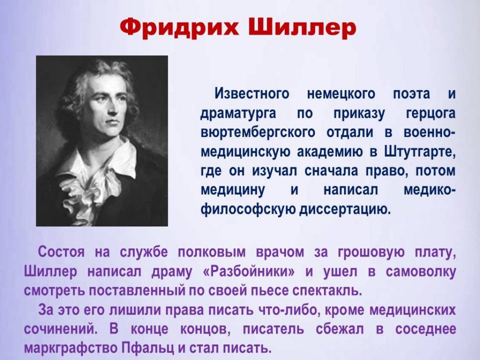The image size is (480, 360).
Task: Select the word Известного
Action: point(252,93)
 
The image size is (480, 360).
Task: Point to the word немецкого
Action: point(341,94)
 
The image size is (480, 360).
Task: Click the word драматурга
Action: point(239,113)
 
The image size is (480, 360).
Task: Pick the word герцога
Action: point(431,113)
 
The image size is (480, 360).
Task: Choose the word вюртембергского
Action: point(258,133)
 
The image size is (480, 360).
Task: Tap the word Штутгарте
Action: point(420,152)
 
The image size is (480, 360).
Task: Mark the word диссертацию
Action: point(345,210)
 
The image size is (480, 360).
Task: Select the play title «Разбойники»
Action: point(249,272)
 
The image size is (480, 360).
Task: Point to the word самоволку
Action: point(421,272)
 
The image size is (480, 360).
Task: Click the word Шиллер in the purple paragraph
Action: point(50,272)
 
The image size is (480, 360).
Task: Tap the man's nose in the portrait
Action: point(112,109)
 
